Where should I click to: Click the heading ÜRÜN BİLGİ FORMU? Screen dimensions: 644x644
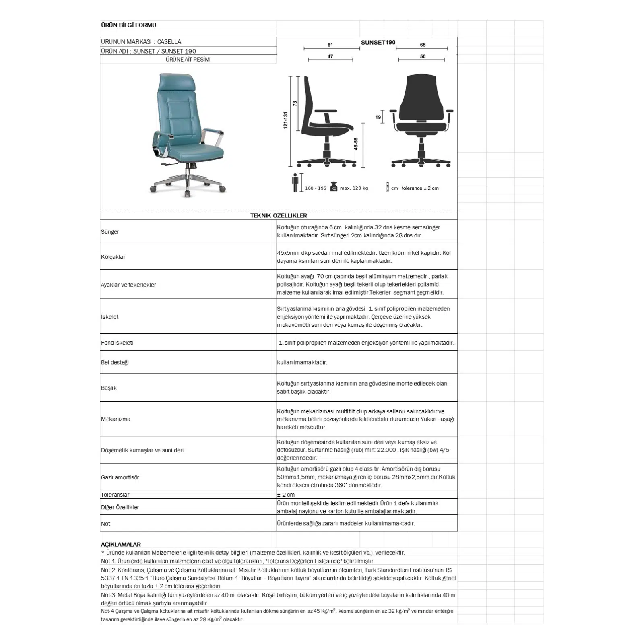(128, 25)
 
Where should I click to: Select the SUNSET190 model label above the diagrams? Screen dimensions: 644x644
(378, 42)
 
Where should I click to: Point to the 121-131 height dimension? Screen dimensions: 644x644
(285, 120)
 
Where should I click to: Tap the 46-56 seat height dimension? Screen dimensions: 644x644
(356, 144)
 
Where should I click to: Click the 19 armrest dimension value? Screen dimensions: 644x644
(378, 117)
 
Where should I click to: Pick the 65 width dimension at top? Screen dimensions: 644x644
(423, 45)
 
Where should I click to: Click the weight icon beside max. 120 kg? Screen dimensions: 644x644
(333, 187)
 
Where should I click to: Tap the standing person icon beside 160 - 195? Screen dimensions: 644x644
(295, 183)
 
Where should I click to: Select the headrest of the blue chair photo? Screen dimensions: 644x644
(178, 82)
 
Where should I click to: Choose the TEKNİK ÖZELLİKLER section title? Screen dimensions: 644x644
(279, 215)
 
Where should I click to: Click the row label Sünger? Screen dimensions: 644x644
(110, 232)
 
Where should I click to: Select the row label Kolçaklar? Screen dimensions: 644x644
(113, 257)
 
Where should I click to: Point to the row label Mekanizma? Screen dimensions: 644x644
(116, 419)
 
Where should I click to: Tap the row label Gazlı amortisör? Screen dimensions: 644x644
(120, 477)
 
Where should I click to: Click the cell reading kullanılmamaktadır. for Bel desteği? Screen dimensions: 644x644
(302, 362)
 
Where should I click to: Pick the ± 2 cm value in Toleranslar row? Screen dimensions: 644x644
(286, 495)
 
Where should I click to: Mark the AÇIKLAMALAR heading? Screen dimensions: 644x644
(121, 544)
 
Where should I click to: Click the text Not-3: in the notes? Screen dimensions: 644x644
(108, 595)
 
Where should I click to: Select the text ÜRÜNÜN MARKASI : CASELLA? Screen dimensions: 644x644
(141, 42)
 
